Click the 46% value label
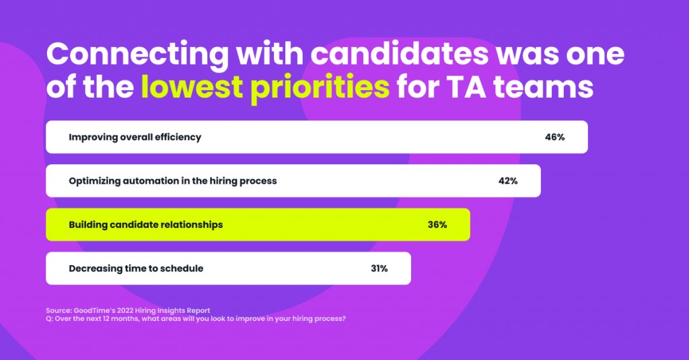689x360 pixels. tap(554, 137)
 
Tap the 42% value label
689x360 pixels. tap(508, 180)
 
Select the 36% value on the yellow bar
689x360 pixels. tap(437, 225)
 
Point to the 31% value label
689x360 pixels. tap(379, 268)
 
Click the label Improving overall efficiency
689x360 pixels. tap(135, 137)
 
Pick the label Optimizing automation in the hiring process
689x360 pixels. tap(173, 181)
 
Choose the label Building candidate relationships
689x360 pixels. tap(145, 225)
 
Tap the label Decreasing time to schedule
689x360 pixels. tap(136, 268)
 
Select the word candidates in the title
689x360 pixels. tap(400, 54)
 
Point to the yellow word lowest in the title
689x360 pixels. tap(192, 87)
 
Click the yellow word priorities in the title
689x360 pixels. tap(320, 88)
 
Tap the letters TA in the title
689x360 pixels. tap(466, 87)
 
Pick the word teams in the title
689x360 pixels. tap(544, 87)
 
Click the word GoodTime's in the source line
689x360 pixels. tap(94, 311)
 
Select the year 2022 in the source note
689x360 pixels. tap(125, 311)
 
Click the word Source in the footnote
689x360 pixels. tap(59, 311)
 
